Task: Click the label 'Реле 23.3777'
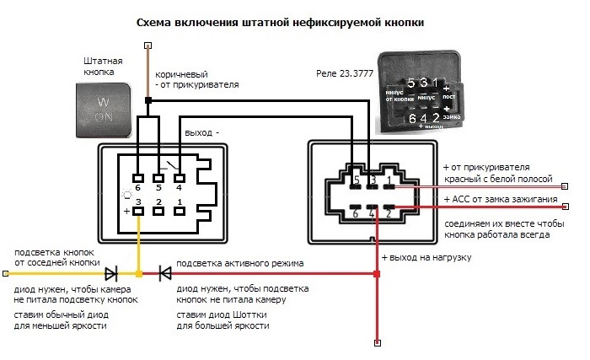click(343, 74)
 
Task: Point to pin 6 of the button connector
click(137, 178)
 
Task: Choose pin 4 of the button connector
click(180, 178)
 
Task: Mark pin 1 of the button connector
click(180, 211)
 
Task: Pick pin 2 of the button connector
click(158, 211)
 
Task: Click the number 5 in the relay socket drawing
click(357, 180)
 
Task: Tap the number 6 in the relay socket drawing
click(355, 213)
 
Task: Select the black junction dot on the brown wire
click(148, 101)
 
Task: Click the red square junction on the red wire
click(376, 273)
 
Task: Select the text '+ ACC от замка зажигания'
click(501, 199)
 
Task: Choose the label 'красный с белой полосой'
click(497, 180)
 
